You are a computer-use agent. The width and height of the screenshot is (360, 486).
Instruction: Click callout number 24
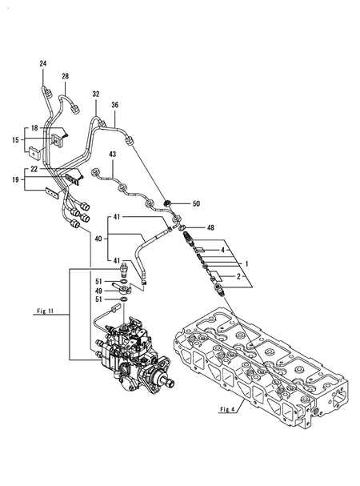pyautogui.click(x=43, y=63)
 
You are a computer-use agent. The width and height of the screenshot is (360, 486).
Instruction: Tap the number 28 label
pyautogui.click(x=66, y=76)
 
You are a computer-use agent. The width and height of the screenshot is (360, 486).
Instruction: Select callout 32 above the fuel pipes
pyautogui.click(x=95, y=94)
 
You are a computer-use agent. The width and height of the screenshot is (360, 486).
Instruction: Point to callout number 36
pyautogui.click(x=115, y=105)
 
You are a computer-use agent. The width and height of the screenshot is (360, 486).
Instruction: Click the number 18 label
pyautogui.click(x=35, y=128)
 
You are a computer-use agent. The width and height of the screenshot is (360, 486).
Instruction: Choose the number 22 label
pyautogui.click(x=35, y=169)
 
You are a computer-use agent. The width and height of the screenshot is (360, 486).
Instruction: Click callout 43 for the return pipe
pyautogui.click(x=113, y=155)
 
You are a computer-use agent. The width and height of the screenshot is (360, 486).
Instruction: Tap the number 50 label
pyautogui.click(x=196, y=204)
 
